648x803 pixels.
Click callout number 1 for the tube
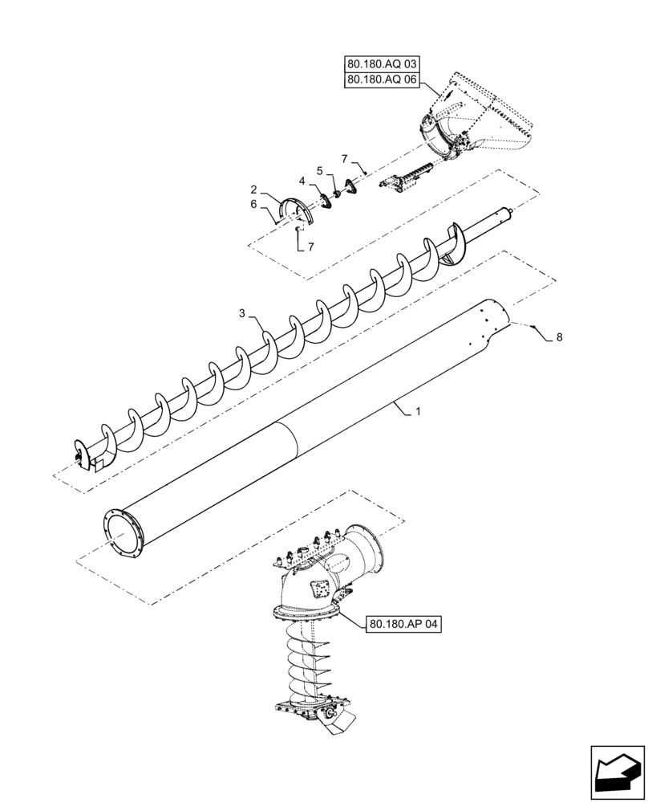point(418,412)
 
